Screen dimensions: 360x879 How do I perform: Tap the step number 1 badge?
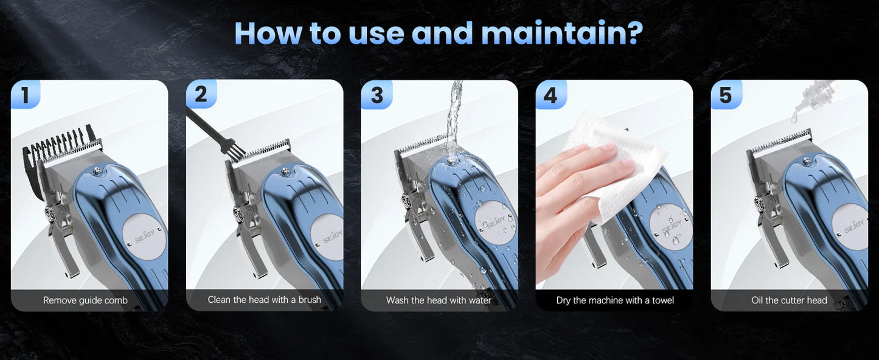coord(25,95)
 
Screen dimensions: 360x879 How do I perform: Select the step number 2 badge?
coord(201,95)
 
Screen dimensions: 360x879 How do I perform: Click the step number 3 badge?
coord(377,95)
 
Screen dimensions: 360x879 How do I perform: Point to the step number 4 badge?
coord(551,95)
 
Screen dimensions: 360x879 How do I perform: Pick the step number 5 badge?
coord(726,95)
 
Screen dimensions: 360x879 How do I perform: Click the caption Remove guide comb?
coord(86,300)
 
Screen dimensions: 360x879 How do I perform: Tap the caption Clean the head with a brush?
coord(264,300)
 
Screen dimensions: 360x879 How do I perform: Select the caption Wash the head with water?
coord(439,300)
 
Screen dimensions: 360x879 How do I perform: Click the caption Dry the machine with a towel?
coord(615,300)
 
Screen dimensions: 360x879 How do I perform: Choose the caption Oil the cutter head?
coord(789,300)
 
